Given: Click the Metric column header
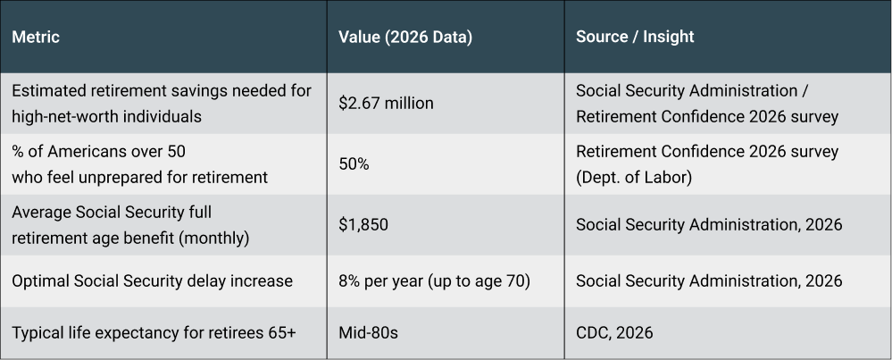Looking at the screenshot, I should click(x=36, y=38).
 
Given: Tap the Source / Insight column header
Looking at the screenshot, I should click(x=635, y=38).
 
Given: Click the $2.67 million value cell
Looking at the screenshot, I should click(x=386, y=104).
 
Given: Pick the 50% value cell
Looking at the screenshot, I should click(x=354, y=164).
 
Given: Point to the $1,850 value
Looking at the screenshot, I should click(x=363, y=225).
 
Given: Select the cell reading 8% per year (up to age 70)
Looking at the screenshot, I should click(x=435, y=280).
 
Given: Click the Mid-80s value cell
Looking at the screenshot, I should click(x=369, y=332).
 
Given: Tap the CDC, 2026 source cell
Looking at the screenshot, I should click(x=614, y=332).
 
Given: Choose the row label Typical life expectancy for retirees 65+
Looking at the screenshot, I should click(x=153, y=332).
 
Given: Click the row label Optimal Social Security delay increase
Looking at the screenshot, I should click(x=152, y=280).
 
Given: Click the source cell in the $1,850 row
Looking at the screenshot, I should click(x=708, y=225).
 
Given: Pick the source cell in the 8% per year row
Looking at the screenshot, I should click(x=708, y=280).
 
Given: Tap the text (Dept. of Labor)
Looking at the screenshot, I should click(x=633, y=177).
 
